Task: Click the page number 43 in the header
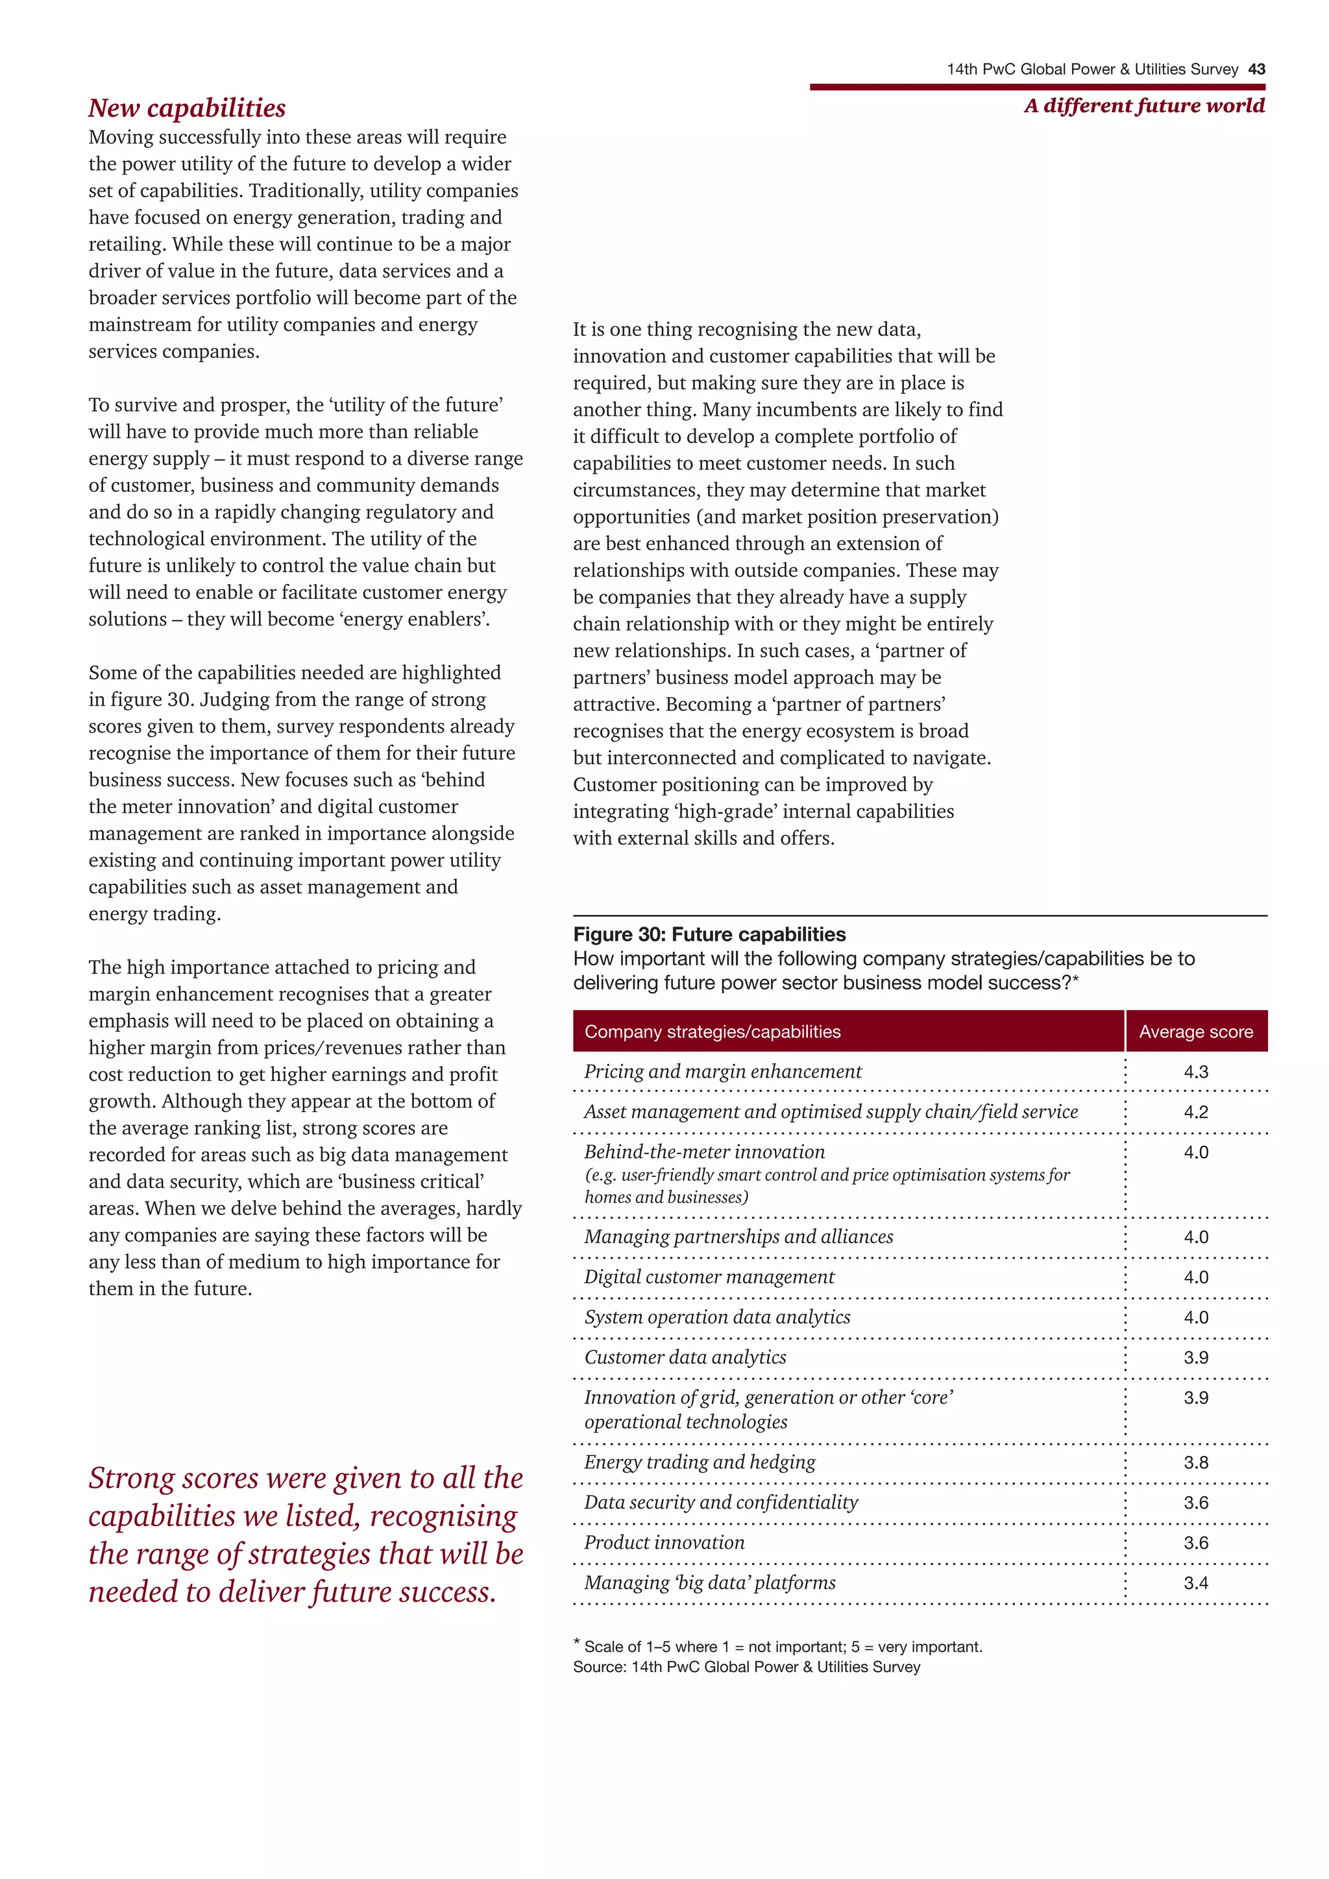pyautogui.click(x=1256, y=69)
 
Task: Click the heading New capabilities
pyautogui.click(x=187, y=108)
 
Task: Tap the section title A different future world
pyautogui.click(x=1143, y=106)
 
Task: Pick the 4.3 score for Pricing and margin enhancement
pyautogui.click(x=1195, y=1071)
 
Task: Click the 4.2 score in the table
pyautogui.click(x=1195, y=1112)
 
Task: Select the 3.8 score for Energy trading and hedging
pyautogui.click(x=1195, y=1462)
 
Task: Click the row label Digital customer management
pyautogui.click(x=709, y=1277)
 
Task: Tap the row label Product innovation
pyautogui.click(x=664, y=1543)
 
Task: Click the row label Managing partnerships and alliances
pyautogui.click(x=738, y=1237)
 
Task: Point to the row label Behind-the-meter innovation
pyautogui.click(x=704, y=1152)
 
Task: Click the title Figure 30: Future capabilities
pyautogui.click(x=709, y=934)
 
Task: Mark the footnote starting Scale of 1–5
pyautogui.click(x=781, y=1647)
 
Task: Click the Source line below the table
pyautogui.click(x=746, y=1667)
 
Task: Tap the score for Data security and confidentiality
pyautogui.click(x=1195, y=1503)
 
